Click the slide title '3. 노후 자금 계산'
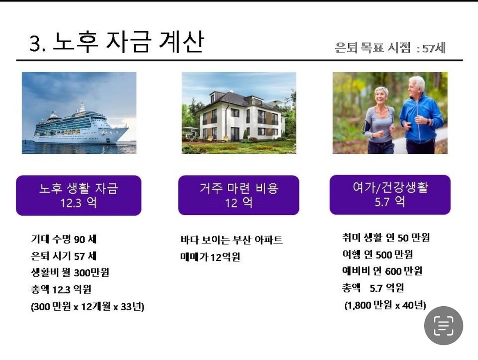(x=116, y=42)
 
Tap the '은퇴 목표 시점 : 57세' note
(x=390, y=48)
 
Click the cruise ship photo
(x=79, y=113)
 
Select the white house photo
(x=239, y=113)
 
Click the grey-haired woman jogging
(x=379, y=120)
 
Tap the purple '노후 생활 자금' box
(x=79, y=195)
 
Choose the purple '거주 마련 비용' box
(x=239, y=195)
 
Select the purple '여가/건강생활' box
(x=390, y=195)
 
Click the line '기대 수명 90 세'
(x=64, y=239)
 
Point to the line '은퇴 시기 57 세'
(x=64, y=256)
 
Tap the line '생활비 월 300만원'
(x=70, y=272)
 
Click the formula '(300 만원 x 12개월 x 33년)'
(x=88, y=306)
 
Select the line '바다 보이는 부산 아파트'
(x=231, y=240)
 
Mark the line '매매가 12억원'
(x=210, y=257)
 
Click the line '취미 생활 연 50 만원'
(x=386, y=238)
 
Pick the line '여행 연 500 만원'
(x=378, y=254)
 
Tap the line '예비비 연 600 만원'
(x=382, y=271)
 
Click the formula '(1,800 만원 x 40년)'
(x=385, y=305)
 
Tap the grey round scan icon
(x=444, y=326)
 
